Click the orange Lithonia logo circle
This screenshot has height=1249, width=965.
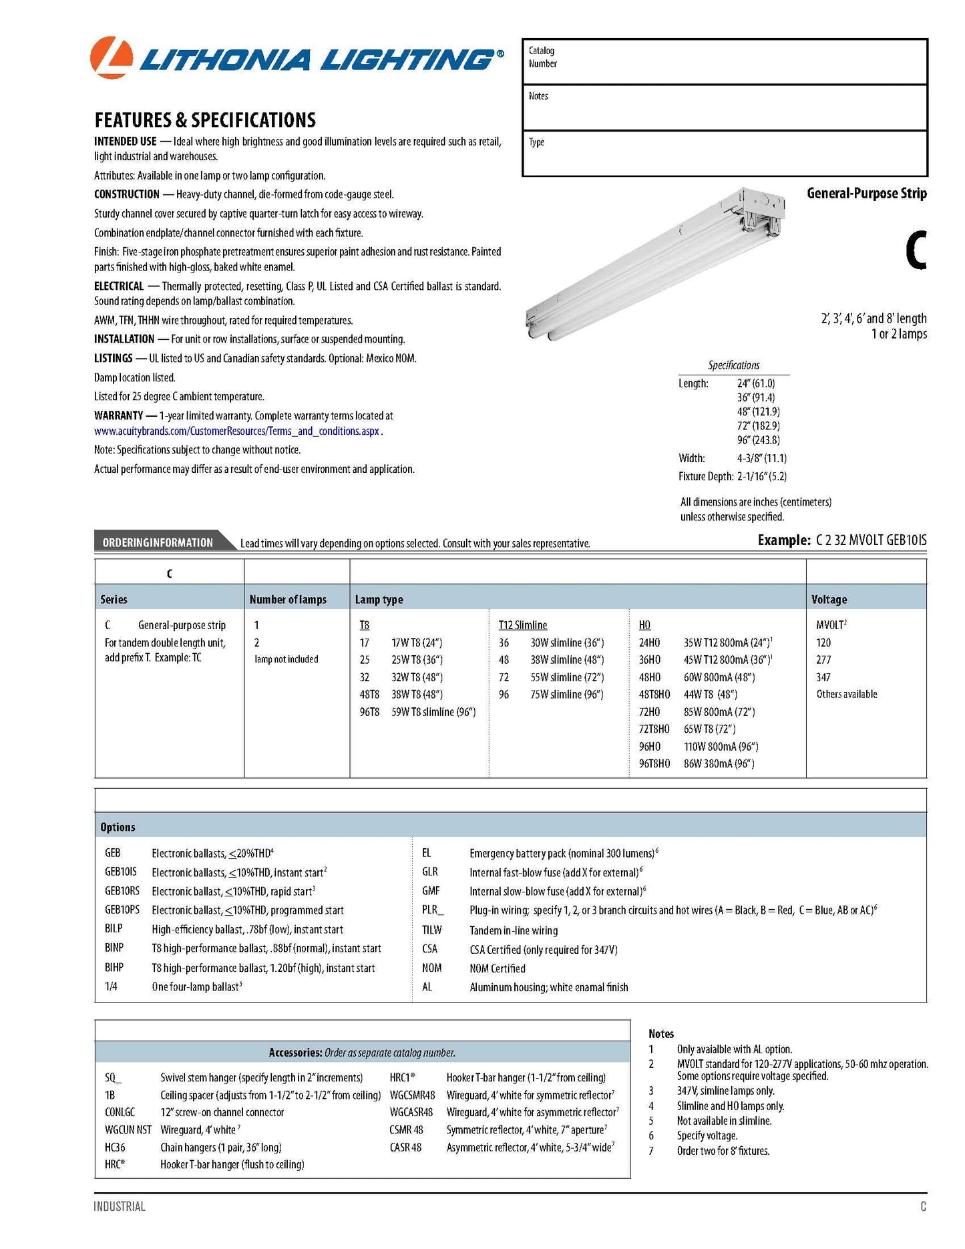point(111,57)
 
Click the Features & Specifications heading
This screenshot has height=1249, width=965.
point(205,120)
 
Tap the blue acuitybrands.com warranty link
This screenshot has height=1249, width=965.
point(238,431)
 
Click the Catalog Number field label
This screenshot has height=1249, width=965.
point(542,57)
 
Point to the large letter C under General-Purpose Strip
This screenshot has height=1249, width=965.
point(915,250)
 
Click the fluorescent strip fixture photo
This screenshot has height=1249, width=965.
point(654,264)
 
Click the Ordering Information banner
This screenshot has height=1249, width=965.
point(158,542)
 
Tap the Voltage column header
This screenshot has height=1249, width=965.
point(829,600)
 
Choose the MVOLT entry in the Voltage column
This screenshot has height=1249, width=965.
point(830,625)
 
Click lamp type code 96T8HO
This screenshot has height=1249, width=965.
point(654,763)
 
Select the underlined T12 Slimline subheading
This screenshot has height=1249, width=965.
point(522,625)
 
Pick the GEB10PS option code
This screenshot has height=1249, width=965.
point(122,910)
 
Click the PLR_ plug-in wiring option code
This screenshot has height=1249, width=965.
point(433,910)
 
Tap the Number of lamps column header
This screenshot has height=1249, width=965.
point(288,600)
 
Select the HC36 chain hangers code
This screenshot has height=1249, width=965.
point(115,1147)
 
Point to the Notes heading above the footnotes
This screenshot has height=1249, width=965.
point(661,1033)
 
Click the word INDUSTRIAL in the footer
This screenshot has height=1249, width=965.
point(120,1206)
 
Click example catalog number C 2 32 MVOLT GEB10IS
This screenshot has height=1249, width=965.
point(871,540)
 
